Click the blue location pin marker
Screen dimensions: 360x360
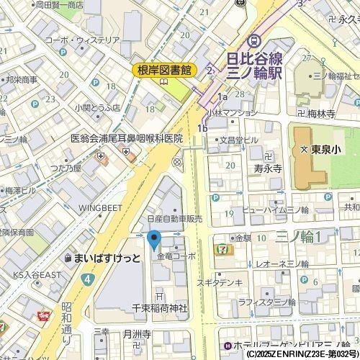153,239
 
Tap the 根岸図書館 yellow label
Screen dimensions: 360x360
165,70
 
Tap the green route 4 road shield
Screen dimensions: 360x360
86,278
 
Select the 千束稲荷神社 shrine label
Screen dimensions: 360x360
159,308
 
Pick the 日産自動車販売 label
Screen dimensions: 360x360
174,219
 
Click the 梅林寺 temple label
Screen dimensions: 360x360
321,114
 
